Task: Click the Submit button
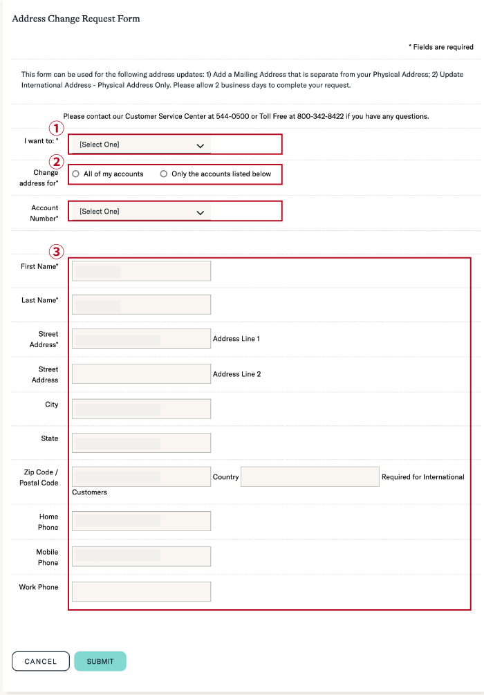(x=100, y=661)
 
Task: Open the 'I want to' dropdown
(x=141, y=145)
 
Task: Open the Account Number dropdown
(x=141, y=212)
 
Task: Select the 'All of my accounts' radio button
(x=76, y=174)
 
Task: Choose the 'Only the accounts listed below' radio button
(x=165, y=174)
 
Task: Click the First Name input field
(x=141, y=271)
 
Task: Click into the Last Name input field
(x=141, y=305)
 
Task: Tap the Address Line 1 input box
(x=141, y=339)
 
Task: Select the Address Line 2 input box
(x=141, y=374)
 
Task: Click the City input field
(x=141, y=409)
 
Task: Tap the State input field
(x=141, y=443)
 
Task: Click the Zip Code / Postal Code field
(x=141, y=477)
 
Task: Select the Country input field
(x=310, y=477)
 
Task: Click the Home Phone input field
(x=141, y=521)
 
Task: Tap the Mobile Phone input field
(x=141, y=557)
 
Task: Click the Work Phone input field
(x=141, y=592)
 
